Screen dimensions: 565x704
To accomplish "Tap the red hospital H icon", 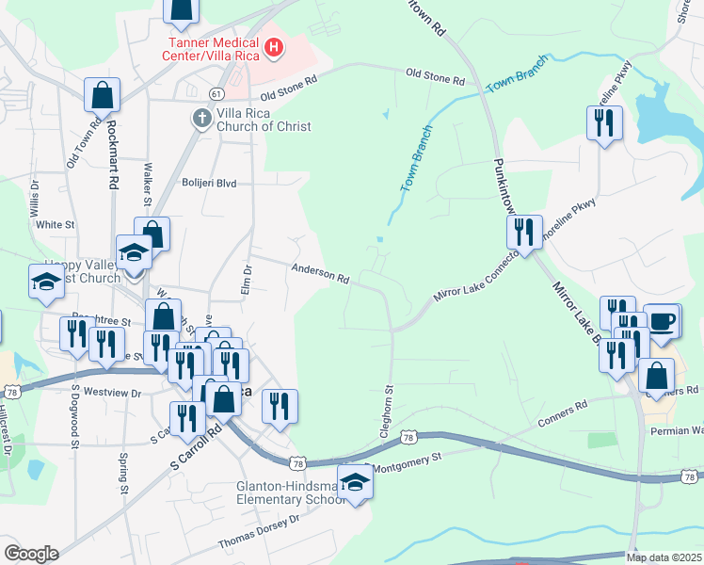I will [x=275, y=46].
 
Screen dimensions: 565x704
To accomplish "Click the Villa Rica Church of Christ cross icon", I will [x=201, y=119].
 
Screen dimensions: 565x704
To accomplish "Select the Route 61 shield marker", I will [x=216, y=93].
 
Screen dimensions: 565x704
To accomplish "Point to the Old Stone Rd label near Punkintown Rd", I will [x=436, y=75].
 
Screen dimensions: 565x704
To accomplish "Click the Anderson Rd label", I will [x=320, y=274].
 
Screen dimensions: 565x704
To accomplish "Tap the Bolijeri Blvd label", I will [x=210, y=184].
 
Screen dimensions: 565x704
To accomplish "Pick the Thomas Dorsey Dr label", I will [x=258, y=531].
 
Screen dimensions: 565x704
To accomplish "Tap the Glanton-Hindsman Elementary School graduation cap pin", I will [x=355, y=484].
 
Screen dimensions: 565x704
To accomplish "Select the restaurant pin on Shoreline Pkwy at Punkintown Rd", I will [x=524, y=232].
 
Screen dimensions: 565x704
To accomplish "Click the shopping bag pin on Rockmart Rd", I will [x=102, y=95].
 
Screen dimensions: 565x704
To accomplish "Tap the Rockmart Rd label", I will [x=112, y=155].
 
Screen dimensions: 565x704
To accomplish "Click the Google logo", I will [x=31, y=554].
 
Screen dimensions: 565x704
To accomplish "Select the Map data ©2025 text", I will [x=664, y=557].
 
